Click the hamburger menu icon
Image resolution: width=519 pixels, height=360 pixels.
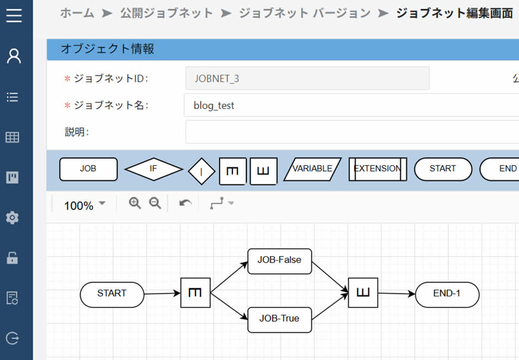click(x=14, y=15)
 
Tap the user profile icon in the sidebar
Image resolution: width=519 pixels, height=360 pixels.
click(x=14, y=56)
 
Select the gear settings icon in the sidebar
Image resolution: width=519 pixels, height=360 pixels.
click(x=12, y=218)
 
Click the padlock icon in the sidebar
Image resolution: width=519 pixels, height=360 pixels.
click(x=12, y=257)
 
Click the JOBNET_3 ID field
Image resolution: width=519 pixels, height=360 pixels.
click(x=307, y=78)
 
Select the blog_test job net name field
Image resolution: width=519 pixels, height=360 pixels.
click(x=351, y=105)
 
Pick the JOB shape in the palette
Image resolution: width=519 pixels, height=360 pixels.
click(x=88, y=169)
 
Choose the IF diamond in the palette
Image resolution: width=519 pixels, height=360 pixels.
click(x=153, y=169)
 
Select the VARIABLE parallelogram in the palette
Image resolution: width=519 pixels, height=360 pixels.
click(x=313, y=169)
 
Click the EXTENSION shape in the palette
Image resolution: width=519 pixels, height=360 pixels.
click(x=378, y=169)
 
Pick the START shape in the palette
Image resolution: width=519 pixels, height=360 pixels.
click(x=443, y=169)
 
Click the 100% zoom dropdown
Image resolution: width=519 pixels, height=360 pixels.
click(x=85, y=205)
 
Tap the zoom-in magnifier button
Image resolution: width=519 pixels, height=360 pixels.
click(x=135, y=203)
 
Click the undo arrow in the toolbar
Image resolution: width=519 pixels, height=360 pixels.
click(x=186, y=204)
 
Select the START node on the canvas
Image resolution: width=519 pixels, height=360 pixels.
click(x=112, y=294)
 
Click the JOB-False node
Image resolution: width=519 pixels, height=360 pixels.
click(x=280, y=261)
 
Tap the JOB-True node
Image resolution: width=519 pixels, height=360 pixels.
click(x=280, y=319)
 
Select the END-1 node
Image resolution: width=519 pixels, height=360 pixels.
click(x=447, y=294)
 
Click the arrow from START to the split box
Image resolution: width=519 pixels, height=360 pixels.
click(x=162, y=294)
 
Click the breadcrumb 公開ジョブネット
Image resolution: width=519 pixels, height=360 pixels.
click(x=166, y=13)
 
